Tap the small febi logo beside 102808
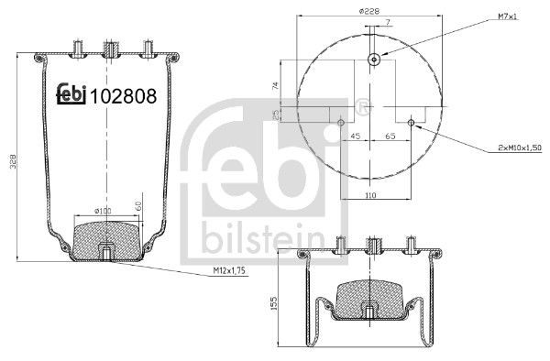(71, 93)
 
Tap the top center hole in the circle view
(374, 60)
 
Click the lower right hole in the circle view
(412, 122)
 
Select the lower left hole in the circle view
(341, 122)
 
